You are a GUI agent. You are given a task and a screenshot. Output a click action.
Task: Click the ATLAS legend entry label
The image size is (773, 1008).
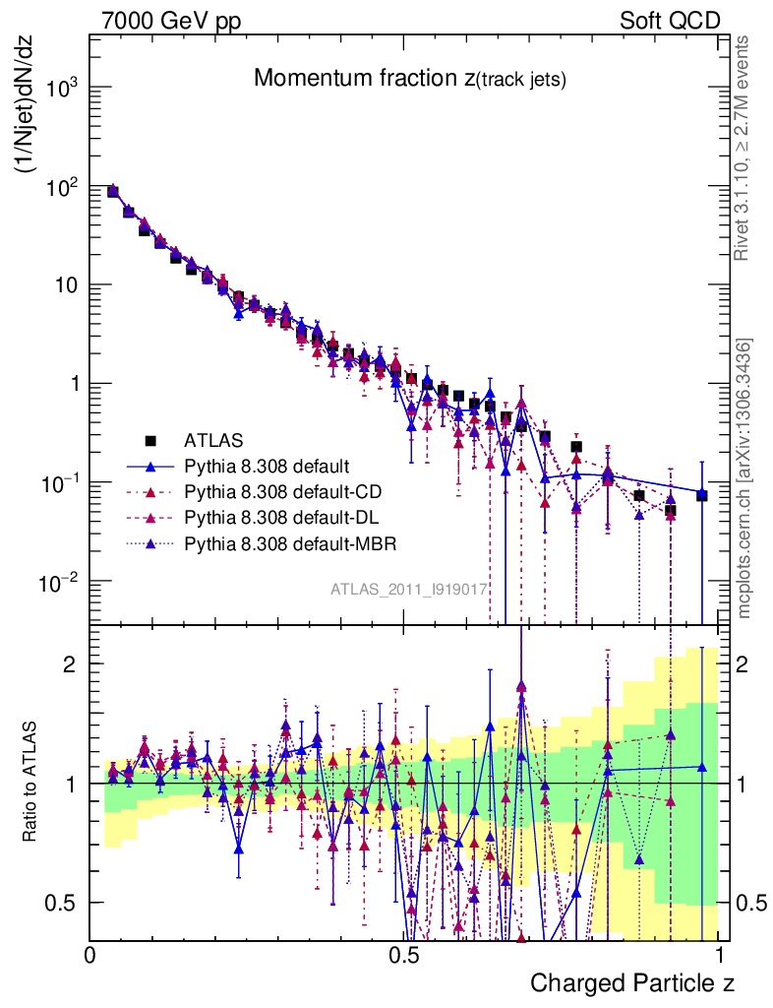[x=213, y=440]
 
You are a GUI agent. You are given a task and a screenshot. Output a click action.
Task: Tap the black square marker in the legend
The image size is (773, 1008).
[x=150, y=440]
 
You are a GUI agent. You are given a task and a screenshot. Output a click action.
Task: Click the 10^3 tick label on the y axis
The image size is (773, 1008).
[x=58, y=89]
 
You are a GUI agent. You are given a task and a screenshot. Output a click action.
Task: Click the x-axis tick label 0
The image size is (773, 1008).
[x=89, y=955]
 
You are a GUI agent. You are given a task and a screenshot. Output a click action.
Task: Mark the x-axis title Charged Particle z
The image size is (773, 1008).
[x=632, y=982]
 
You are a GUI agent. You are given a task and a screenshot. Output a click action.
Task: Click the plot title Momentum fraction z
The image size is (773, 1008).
[x=409, y=79]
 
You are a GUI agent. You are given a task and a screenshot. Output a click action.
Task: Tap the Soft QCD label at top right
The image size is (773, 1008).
[x=670, y=20]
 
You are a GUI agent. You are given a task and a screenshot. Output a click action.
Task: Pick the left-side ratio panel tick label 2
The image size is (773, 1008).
[x=72, y=664]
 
